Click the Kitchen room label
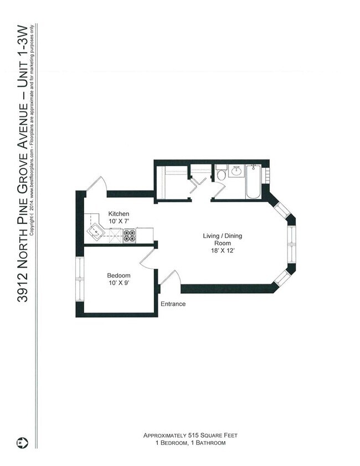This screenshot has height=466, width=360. coord(119,214)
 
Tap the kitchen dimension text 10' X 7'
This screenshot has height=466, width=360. coord(119,221)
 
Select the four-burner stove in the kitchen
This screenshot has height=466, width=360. coord(130,236)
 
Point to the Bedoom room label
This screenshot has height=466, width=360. coord(119,275)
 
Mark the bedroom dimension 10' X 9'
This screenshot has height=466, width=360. coord(119,283)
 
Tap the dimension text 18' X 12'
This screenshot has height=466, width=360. coord(222,251)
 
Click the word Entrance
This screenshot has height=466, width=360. coord(173,304)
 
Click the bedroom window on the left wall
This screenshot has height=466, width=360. coord(79,280)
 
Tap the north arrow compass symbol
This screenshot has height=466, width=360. coord(22,443)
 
